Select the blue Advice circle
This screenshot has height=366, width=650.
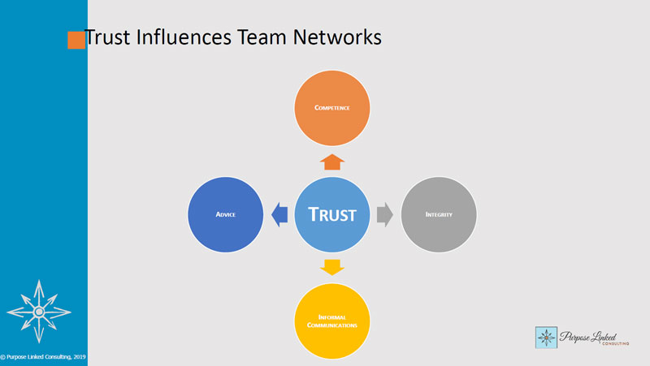225,214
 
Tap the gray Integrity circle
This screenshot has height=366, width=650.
439,214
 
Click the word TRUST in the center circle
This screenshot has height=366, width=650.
332,215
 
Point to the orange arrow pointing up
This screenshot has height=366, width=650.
332,161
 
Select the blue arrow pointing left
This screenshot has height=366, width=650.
279,215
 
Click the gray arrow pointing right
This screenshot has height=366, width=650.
385,215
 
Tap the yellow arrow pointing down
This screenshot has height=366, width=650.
332,266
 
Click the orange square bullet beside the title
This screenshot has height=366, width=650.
76,40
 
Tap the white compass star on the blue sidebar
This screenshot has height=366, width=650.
37,310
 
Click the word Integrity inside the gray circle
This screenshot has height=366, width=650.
439,215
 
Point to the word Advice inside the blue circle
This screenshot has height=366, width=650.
225,215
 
